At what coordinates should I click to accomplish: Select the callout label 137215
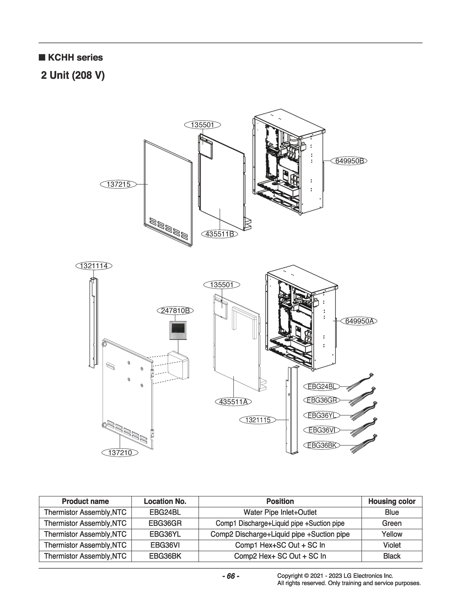tap(118, 184)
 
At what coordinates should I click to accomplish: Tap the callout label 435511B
tap(220, 234)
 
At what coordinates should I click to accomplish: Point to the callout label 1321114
tap(94, 266)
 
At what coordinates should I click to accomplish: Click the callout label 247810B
tap(175, 311)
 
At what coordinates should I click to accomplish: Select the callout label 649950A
tap(359, 321)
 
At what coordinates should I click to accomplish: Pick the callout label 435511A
tap(233, 402)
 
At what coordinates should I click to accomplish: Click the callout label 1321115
tap(258, 420)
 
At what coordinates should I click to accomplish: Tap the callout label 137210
tap(120, 453)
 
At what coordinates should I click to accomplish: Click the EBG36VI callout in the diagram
tap(322, 430)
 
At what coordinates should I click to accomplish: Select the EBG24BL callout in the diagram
tap(322, 387)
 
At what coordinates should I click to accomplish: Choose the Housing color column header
tap(391, 501)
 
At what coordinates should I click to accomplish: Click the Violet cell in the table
tap(391, 545)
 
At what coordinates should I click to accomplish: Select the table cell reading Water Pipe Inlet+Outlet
tap(280, 512)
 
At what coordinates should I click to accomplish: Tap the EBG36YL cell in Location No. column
tap(165, 534)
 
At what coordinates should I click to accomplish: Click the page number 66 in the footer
tap(231, 576)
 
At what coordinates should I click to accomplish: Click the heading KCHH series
tap(75, 57)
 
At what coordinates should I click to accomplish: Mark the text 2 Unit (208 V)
tap(73, 75)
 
